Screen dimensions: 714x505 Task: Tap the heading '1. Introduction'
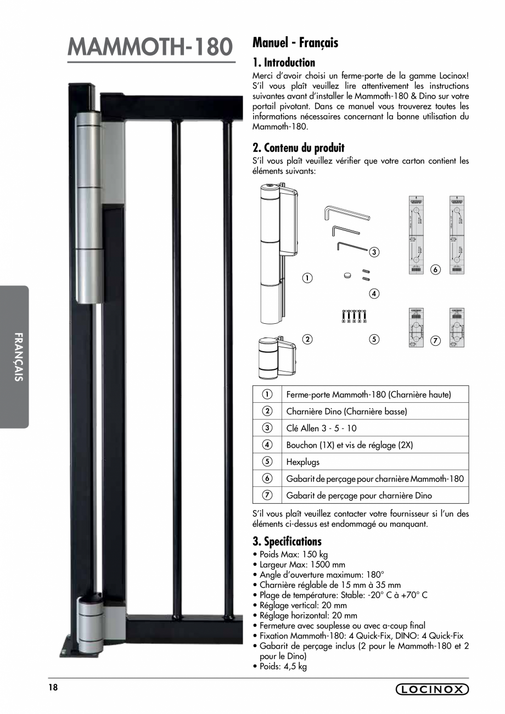pos(283,63)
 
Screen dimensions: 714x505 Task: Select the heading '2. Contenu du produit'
pos(298,148)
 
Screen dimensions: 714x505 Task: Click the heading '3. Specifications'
pos(287,541)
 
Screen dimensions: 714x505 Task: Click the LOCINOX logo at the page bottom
pos(432,689)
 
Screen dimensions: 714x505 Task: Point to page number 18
pos(53,688)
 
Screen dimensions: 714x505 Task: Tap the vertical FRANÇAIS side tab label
pos(19,357)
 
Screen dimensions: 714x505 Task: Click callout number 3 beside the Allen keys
pos(374,252)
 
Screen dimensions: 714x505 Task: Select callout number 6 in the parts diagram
pos(435,269)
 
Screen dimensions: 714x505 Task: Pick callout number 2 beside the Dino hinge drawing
pos(307,339)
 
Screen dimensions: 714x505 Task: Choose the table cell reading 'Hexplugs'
pos(302,462)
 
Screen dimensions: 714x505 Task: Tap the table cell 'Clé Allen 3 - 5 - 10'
pos(321,428)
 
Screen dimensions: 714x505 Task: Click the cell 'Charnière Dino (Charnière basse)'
pos(346,411)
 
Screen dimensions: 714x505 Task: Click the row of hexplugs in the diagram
pos(353,317)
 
